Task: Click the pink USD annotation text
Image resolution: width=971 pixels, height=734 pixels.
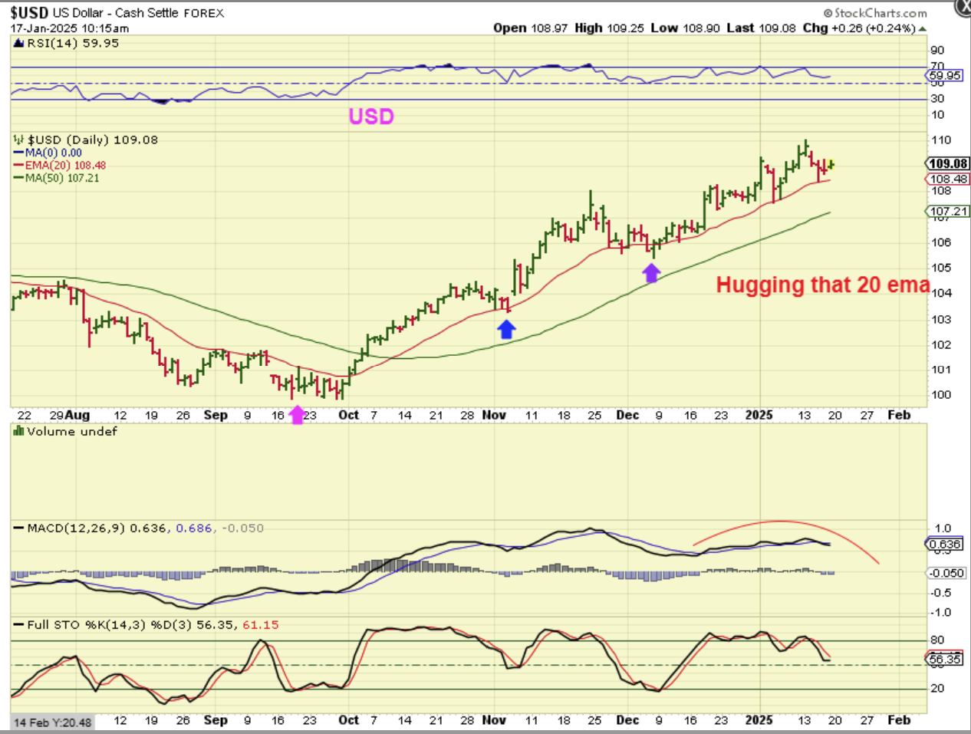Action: [x=371, y=117]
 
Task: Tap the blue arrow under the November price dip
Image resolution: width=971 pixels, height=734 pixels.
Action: [x=506, y=329]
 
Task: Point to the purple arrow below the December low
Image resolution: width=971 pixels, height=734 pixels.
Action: [x=651, y=272]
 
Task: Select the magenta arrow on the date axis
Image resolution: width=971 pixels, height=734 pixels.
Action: [x=297, y=415]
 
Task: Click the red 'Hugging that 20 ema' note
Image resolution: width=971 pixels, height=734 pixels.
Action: [x=822, y=285]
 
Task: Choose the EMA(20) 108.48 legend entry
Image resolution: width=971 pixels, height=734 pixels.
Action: [x=60, y=165]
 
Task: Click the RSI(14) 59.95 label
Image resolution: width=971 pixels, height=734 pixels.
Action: [x=67, y=44]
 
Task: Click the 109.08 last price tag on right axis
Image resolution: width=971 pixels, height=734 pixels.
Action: [x=948, y=163]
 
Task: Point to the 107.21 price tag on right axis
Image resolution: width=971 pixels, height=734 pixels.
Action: [x=949, y=211]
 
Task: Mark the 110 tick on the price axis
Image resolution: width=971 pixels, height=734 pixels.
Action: [x=941, y=140]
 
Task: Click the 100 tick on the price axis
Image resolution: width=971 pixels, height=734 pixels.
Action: [x=941, y=395]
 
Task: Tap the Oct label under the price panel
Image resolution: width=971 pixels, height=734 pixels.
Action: [x=348, y=415]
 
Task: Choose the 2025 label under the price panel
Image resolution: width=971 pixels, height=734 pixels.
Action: [x=759, y=415]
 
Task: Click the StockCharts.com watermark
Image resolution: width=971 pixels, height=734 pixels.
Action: [x=875, y=13]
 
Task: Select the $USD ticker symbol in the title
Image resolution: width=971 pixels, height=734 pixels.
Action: [x=30, y=13]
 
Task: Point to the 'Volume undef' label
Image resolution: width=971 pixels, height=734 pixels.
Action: [x=66, y=432]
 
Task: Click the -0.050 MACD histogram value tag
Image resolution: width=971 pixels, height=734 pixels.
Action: [x=946, y=573]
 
